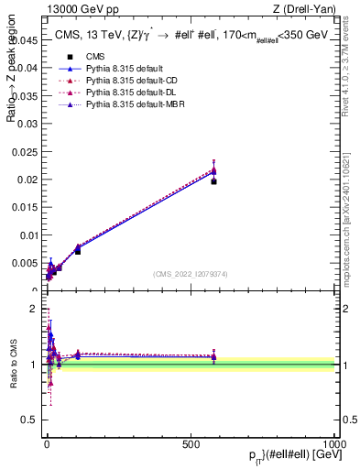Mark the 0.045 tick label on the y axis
[25, 40]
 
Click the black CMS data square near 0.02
[213, 181]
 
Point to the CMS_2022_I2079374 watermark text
[191, 272]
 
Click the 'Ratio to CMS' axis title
[13, 365]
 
